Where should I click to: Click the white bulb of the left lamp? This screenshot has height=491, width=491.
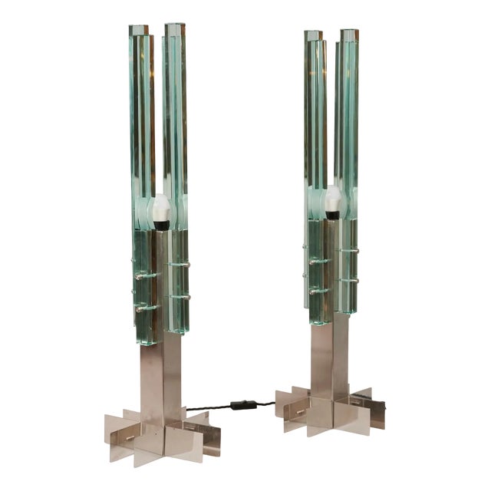coord(161,207)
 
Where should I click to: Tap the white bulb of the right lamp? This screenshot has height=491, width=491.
coord(332,199)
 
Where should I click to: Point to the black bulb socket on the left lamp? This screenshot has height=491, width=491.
coord(161,224)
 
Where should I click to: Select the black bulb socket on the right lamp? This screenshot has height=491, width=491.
coord(332,216)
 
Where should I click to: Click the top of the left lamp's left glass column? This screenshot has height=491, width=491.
coord(139,31)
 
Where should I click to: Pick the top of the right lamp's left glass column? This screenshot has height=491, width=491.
coord(312,35)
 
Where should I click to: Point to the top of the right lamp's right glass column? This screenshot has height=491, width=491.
coord(349,35)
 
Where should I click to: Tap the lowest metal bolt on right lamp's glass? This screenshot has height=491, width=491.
coord(314,292)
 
